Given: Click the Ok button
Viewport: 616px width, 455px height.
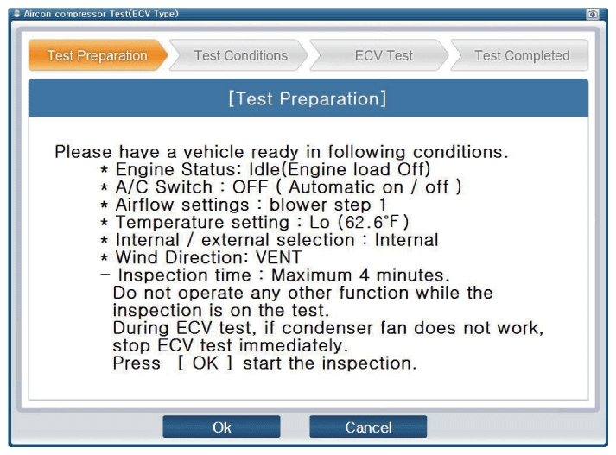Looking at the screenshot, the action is pyautogui.click(x=221, y=427).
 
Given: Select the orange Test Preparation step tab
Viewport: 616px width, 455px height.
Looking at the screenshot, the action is pyautogui.click(x=98, y=55).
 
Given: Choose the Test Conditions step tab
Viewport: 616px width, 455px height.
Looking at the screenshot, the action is pyautogui.click(x=240, y=55).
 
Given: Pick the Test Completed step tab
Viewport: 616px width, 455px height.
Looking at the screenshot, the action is pyautogui.click(x=521, y=55).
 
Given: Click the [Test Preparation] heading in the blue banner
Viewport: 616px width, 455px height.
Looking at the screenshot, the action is pyautogui.click(x=308, y=98).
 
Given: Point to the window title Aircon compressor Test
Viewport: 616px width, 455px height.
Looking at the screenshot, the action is pyautogui.click(x=101, y=14).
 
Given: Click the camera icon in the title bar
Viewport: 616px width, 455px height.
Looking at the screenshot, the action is pyautogui.click(x=593, y=15).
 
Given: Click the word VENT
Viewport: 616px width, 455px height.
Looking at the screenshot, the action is pyautogui.click(x=278, y=257).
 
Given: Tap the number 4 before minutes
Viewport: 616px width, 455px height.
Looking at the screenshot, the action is pyautogui.click(x=365, y=275).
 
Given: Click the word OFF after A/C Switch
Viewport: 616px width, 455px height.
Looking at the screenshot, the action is pyautogui.click(x=250, y=186).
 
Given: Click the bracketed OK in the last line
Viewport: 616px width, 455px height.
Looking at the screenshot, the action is pyautogui.click(x=205, y=363).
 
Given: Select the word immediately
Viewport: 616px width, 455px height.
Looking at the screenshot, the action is pyautogui.click(x=294, y=345).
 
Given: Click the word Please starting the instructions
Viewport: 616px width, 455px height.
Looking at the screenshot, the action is pyautogui.click(x=83, y=152).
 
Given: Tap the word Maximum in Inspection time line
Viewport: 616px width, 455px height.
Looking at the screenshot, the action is pyautogui.click(x=312, y=275).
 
